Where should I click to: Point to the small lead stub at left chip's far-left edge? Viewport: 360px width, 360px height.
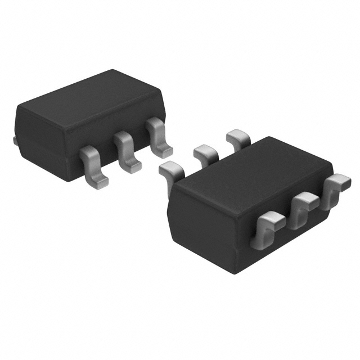15,139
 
